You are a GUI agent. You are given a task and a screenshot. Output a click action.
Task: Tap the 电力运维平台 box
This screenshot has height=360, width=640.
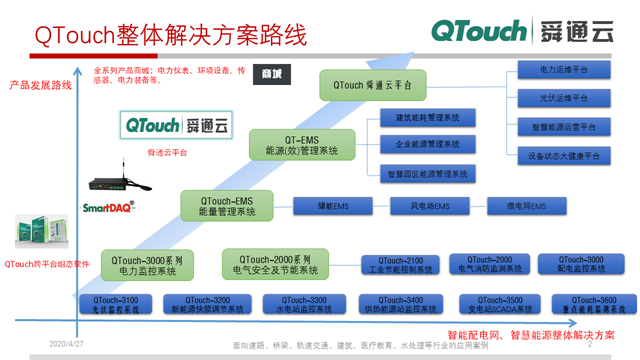(564, 70)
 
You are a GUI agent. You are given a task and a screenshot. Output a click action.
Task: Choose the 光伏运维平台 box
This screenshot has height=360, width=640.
(564, 98)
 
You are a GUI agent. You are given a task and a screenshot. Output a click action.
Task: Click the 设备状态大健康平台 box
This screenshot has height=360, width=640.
(564, 156)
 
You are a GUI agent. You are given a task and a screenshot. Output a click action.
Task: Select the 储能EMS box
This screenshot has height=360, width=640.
(332, 206)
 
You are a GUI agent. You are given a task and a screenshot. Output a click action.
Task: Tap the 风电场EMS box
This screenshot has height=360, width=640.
(430, 206)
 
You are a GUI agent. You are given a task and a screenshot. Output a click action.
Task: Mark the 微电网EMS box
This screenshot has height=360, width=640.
(526, 206)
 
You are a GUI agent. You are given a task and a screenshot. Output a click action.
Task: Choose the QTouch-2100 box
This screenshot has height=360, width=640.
(399, 264)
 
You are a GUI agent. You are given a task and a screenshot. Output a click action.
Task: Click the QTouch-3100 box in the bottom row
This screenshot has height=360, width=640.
(115, 303)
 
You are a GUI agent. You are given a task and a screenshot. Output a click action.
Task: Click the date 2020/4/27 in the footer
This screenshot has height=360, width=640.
(68, 343)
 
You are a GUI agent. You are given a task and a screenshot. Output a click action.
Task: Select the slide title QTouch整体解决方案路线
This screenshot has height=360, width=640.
(170, 33)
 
